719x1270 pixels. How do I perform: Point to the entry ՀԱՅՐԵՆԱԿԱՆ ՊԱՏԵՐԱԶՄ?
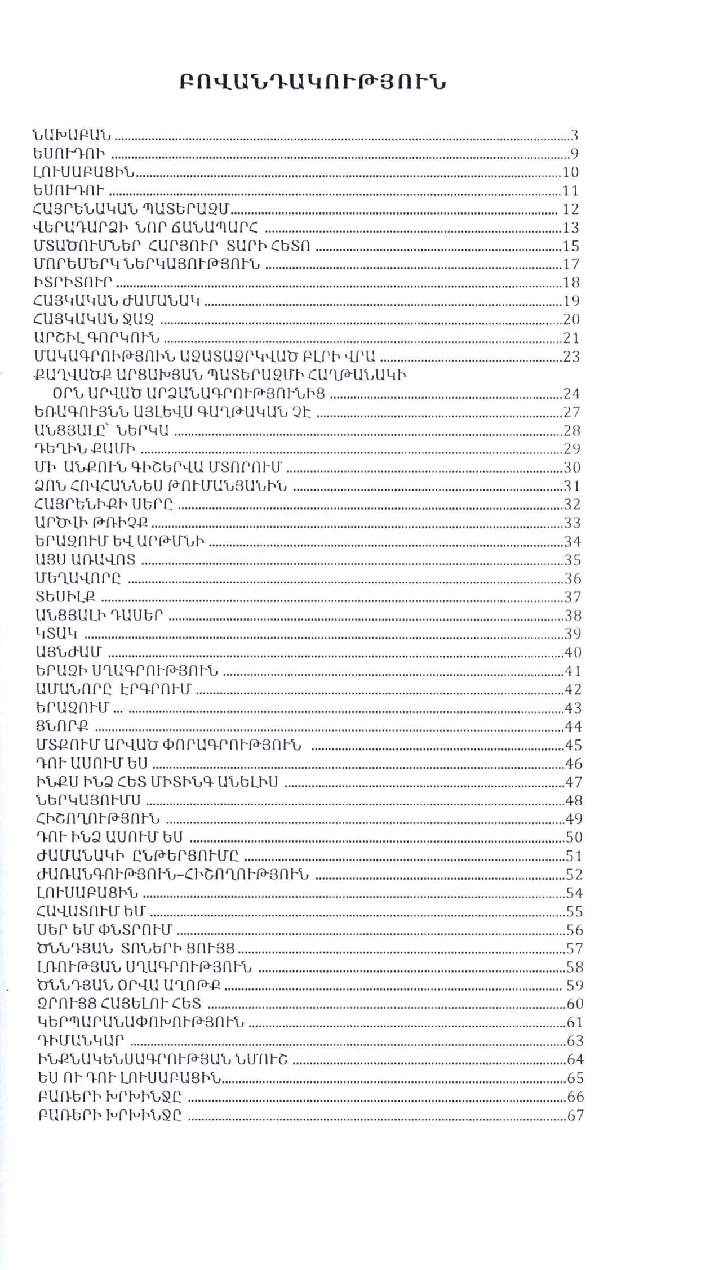coord(133,210)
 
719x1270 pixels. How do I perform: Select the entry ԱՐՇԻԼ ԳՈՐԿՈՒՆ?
coord(96,338)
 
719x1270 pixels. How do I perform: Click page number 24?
coord(572,394)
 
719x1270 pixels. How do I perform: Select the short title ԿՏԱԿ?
coord(56,634)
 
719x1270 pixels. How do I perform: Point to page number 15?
coord(572,246)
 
